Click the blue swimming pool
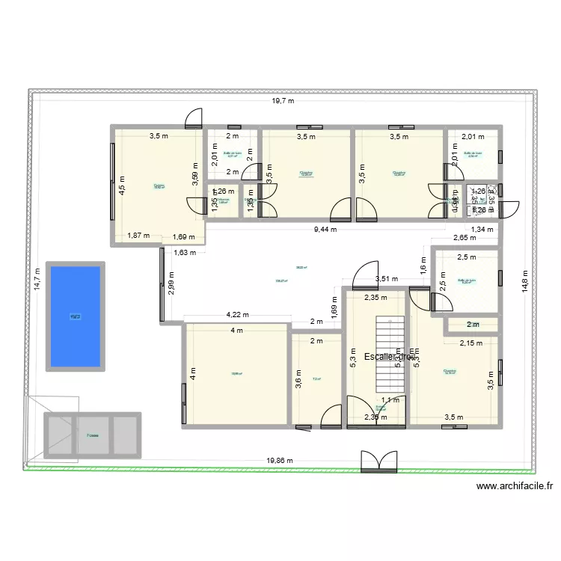[x=74, y=315]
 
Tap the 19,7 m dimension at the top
[x=283, y=101]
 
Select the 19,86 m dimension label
[x=281, y=462]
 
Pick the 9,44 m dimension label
[x=324, y=230]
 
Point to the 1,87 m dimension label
[x=138, y=236]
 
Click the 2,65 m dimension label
[x=464, y=239]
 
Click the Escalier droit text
[x=389, y=358]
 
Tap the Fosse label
[x=93, y=435]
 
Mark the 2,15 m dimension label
[x=471, y=343]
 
